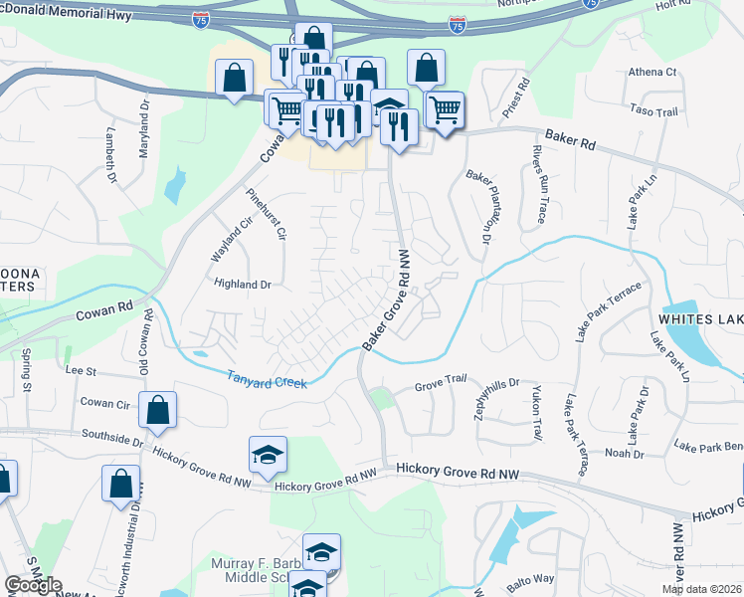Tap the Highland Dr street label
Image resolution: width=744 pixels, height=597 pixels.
click(x=243, y=284)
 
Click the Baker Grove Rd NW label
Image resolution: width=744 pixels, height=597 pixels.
click(x=387, y=300)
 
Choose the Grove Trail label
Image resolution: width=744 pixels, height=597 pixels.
click(x=441, y=382)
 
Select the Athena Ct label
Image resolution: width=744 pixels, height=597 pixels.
click(x=651, y=73)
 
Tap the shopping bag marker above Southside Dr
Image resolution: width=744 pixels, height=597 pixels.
click(x=157, y=410)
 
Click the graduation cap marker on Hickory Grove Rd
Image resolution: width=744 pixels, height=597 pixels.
click(x=268, y=455)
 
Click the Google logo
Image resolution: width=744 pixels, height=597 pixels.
click(x=33, y=585)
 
